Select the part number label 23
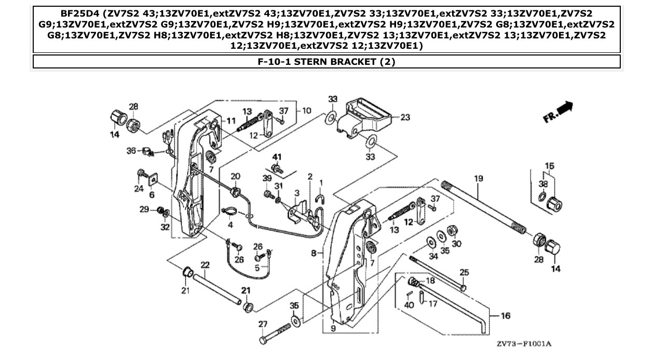pos(405,117)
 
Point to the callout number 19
pos(478,178)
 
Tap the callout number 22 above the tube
pos(205,265)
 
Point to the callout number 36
pos(131,150)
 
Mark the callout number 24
pos(139,189)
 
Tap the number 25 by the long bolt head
pos(464,272)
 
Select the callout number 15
pos(549,166)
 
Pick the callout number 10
pos(306,110)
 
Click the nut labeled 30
pos(452,230)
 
